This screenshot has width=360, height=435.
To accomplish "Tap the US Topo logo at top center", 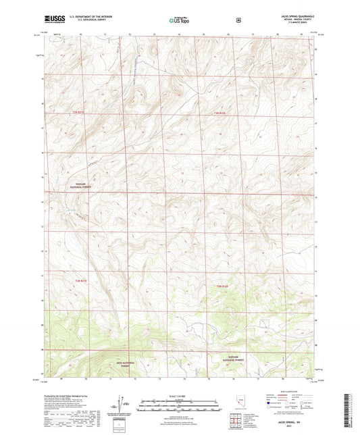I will point(179,21).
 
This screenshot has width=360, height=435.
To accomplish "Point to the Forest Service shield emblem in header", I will point(238,21).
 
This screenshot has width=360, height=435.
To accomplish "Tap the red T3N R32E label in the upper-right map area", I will point(222,112).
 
